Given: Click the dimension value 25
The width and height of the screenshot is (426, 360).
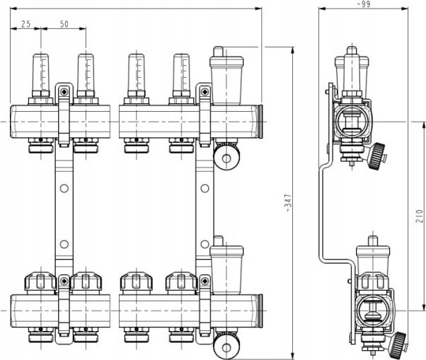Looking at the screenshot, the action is coord(25,24).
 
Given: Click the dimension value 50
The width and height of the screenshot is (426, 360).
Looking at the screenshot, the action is coord(64,24).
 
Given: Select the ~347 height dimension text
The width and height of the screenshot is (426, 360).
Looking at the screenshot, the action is coord(289,203).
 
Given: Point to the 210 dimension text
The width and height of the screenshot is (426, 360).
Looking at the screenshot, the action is coord(420,216).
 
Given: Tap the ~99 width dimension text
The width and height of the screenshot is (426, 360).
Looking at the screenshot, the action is coord(363,4).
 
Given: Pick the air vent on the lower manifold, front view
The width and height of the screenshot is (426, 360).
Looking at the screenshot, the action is coord(226,265).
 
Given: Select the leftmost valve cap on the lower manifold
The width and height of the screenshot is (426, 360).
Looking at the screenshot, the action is coord(41,283).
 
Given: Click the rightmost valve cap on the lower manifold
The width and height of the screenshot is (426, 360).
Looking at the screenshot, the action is coord(181,283).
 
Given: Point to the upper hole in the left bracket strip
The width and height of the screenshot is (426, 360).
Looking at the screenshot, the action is coord(64,188).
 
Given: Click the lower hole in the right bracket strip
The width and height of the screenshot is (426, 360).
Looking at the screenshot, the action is coord(205,244).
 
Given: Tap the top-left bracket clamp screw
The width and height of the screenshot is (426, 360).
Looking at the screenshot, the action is coord(64,91).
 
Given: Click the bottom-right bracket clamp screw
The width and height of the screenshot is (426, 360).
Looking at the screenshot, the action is coord(205,281).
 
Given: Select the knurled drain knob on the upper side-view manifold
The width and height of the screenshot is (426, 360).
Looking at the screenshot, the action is coord(377,156).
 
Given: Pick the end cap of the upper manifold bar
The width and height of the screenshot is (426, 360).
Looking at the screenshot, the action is coord(260,122).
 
